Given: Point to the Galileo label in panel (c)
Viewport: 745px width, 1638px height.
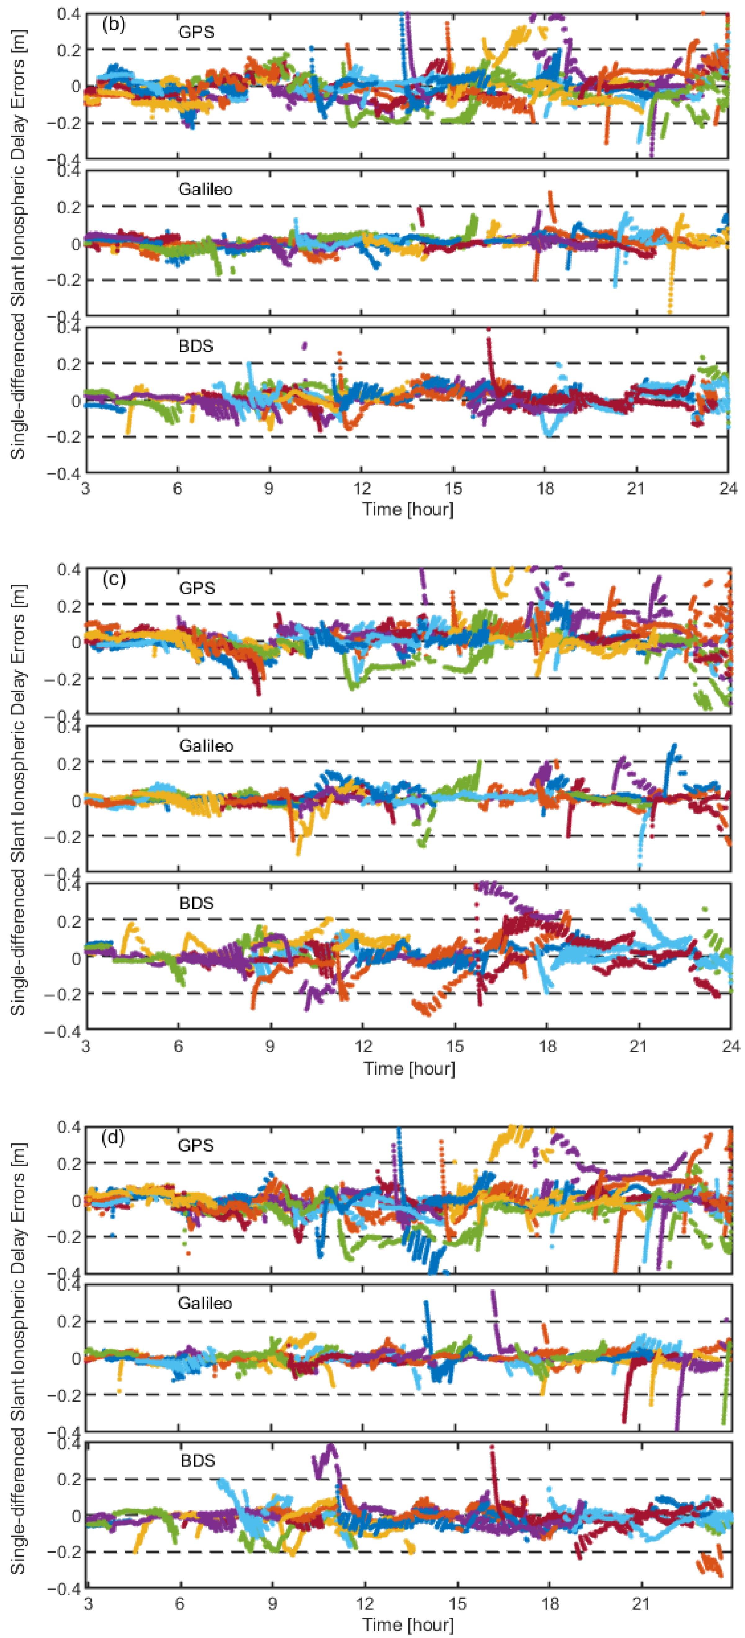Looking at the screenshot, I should [x=205, y=745].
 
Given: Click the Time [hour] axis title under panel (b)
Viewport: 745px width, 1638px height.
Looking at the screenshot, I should [x=408, y=509].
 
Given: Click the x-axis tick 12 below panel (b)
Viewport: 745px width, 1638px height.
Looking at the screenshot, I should [x=361, y=488].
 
